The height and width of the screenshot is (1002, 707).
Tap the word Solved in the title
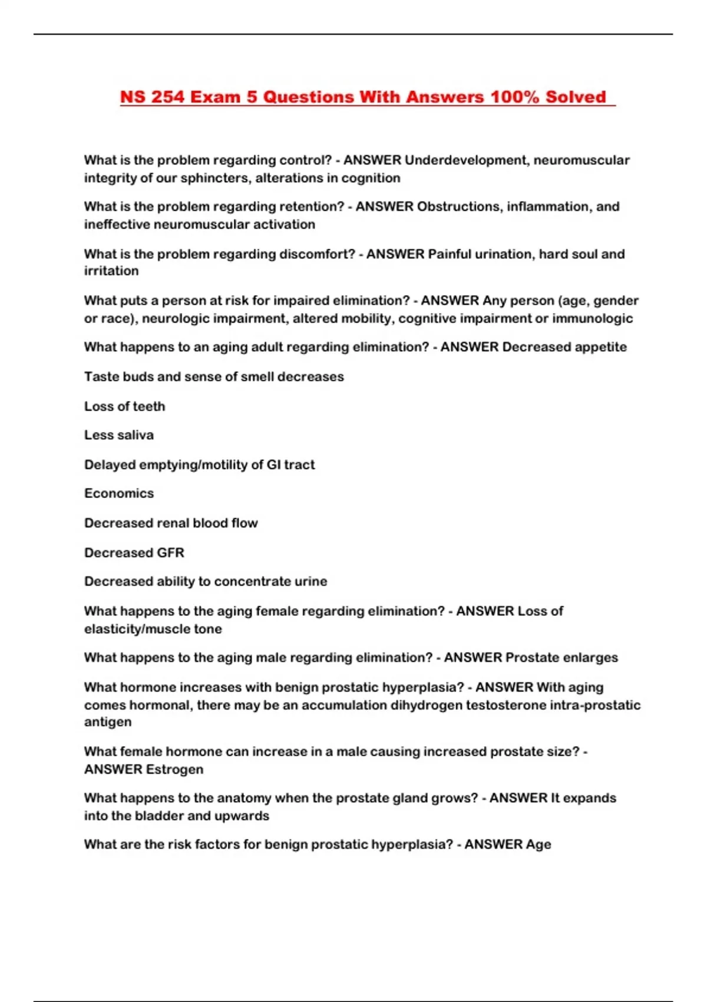[576, 97]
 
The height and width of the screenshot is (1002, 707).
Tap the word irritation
[111, 271]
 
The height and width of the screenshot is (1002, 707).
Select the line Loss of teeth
[124, 406]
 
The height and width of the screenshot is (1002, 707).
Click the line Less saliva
[119, 435]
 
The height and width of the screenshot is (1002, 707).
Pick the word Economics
[119, 493]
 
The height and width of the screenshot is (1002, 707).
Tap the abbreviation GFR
[170, 553]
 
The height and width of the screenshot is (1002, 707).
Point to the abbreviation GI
[273, 464]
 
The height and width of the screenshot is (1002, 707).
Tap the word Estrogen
[174, 769]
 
